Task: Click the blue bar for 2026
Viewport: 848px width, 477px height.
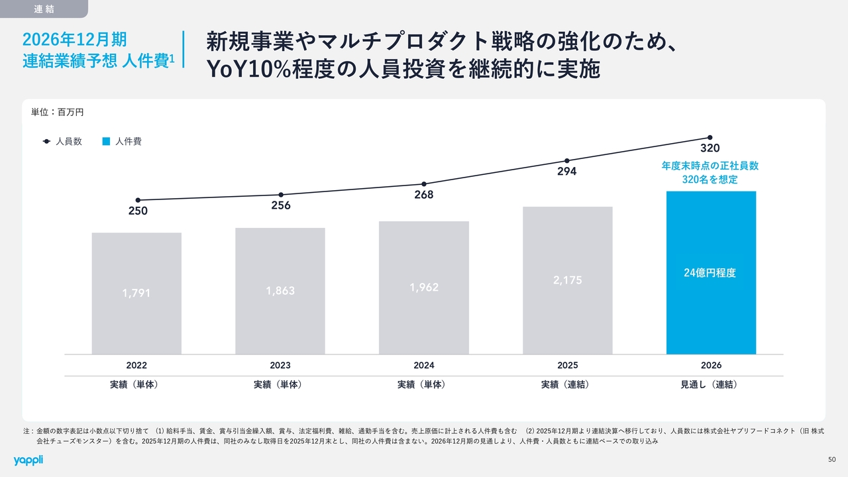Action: coord(711,311)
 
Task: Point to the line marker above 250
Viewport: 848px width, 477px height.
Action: coord(138,200)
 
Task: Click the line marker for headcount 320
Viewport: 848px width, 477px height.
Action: coord(710,137)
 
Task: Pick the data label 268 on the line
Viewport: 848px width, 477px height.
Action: coord(424,195)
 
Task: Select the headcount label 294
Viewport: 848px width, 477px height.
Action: coord(567,172)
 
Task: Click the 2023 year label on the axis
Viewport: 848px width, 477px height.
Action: coord(280,366)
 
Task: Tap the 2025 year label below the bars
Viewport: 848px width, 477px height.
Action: coord(568,366)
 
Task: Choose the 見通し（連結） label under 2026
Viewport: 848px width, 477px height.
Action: coord(711,385)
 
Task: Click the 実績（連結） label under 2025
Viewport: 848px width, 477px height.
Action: coord(568,385)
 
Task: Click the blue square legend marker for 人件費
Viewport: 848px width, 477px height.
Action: coord(105,142)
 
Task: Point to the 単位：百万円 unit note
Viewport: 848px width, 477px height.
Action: coord(58,113)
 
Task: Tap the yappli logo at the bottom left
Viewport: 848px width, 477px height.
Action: coord(28,460)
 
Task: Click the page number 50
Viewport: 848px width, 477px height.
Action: coord(832,460)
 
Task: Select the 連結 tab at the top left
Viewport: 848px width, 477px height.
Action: coord(43,9)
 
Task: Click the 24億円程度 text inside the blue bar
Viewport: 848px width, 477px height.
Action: coord(710,273)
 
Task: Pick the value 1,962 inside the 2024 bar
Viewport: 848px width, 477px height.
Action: coord(424,288)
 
